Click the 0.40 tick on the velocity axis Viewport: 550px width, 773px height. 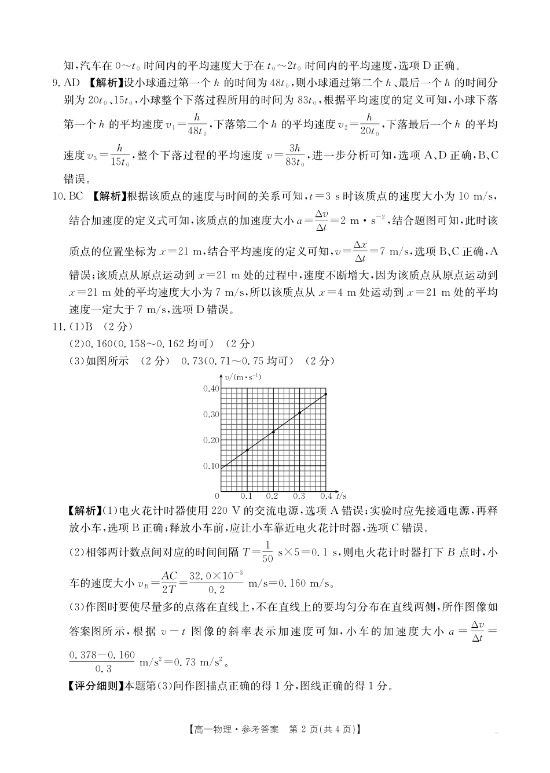tap(211, 388)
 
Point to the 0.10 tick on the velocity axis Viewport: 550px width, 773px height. tap(211, 466)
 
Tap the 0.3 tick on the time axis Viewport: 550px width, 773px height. tap(299, 496)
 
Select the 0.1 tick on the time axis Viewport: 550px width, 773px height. tap(247, 496)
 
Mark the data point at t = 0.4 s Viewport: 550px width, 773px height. tap(326, 395)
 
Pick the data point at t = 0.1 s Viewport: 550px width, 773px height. tap(247, 450)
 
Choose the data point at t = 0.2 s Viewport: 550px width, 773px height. tap(273, 432)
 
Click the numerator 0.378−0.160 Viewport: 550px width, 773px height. tap(102, 655)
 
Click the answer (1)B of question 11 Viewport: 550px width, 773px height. tap(85, 326)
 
